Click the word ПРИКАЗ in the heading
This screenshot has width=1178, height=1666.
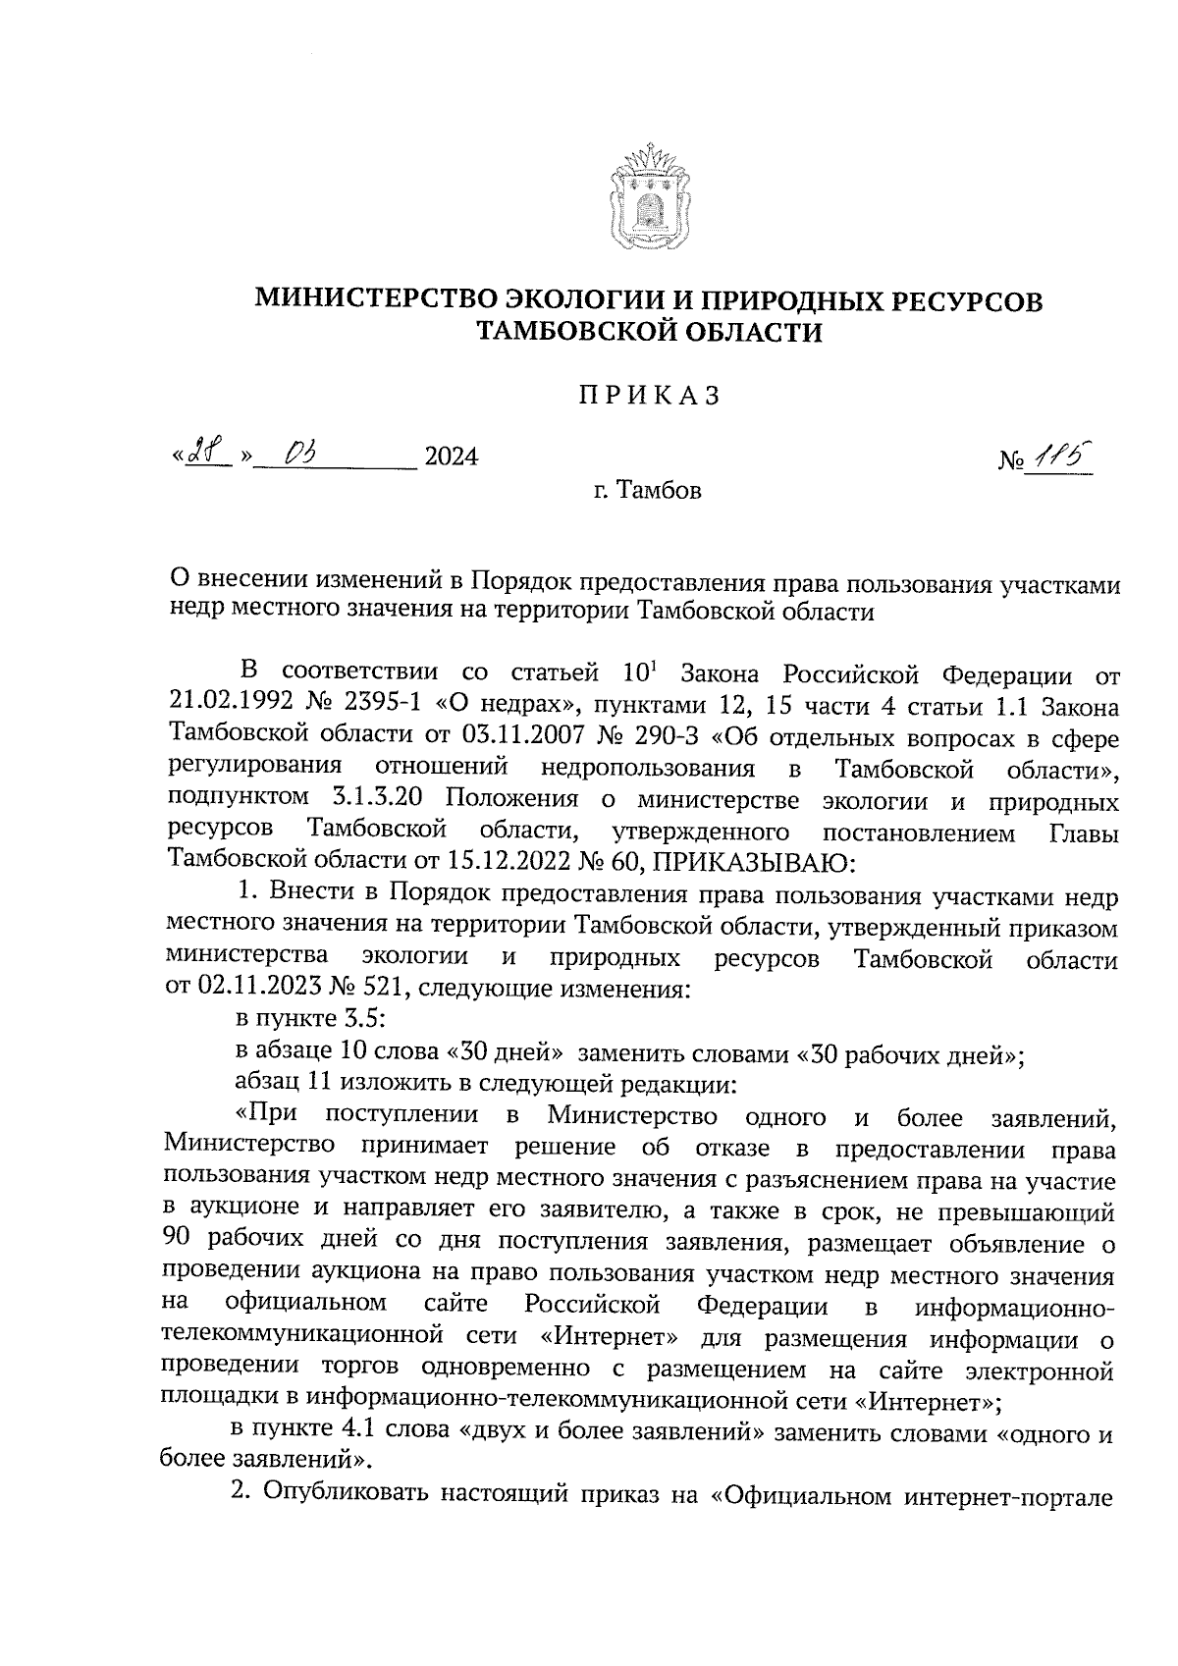[649, 396]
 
